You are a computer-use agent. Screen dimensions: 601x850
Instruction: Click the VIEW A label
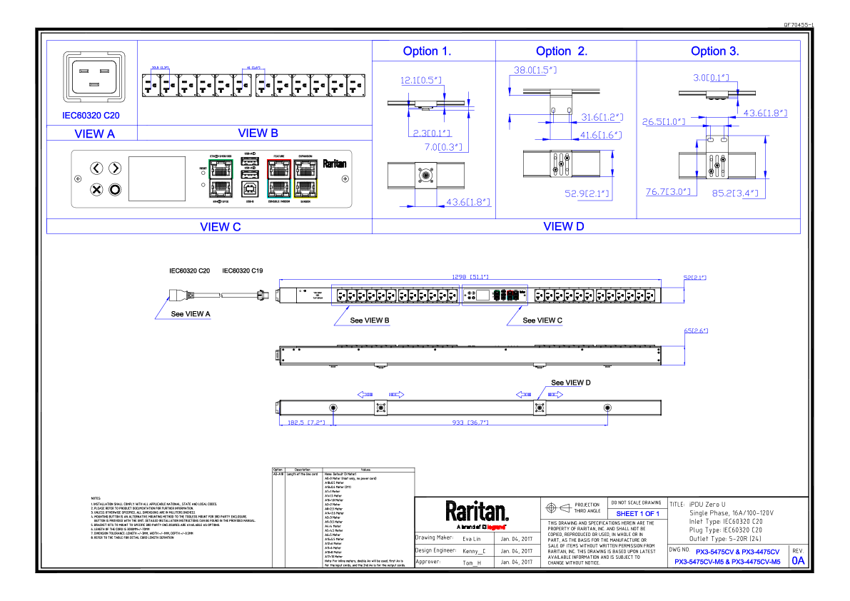(94, 133)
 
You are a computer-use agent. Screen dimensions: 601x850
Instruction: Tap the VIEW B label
(258, 133)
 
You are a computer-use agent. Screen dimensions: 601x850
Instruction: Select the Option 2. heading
(562, 51)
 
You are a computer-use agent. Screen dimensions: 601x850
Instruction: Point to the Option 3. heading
(714, 51)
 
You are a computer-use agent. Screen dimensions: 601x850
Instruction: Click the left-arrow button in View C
(97, 168)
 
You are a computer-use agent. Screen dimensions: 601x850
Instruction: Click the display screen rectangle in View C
(156, 178)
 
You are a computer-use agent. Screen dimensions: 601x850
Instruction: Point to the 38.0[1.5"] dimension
(535, 71)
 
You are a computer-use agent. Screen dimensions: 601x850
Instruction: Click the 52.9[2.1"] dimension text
(585, 193)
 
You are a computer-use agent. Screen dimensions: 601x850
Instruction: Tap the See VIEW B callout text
(369, 321)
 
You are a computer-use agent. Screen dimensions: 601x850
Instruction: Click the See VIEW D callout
(570, 383)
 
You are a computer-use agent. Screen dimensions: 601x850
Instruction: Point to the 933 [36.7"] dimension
(469, 423)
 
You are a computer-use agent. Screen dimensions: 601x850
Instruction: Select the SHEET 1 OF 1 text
(637, 514)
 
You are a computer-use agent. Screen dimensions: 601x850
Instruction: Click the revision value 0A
(797, 561)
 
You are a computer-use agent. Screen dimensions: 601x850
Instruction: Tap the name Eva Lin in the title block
(472, 538)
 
